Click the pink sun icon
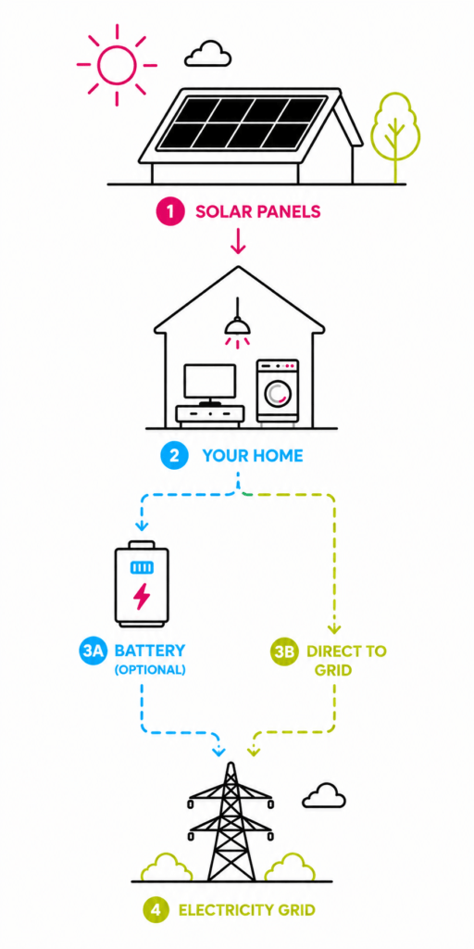[117, 66]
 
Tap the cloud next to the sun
[208, 55]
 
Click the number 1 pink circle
[170, 212]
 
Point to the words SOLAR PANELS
[257, 212]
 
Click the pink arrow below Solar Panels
[238, 240]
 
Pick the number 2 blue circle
[174, 455]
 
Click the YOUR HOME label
[253, 456]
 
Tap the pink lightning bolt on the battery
[142, 596]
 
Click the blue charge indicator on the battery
[142, 567]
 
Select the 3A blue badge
[93, 652]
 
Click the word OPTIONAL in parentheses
[150, 671]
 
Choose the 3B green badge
[284, 652]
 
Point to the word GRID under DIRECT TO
[332, 671]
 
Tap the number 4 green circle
[156, 910]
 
